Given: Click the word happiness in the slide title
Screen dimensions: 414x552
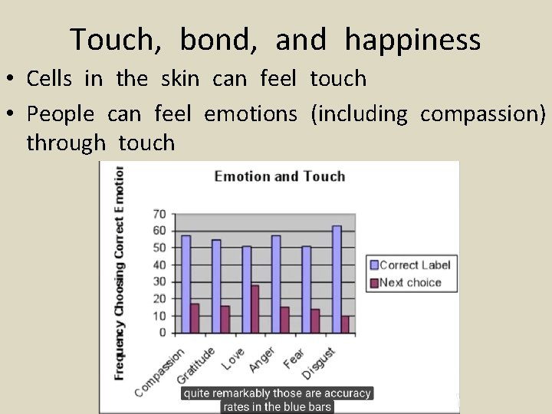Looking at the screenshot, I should click(412, 40).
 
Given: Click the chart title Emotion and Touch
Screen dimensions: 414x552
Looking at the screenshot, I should click(279, 176).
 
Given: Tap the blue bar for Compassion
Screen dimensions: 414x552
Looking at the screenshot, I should click(186, 284).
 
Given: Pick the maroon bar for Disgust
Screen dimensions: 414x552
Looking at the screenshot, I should click(345, 324).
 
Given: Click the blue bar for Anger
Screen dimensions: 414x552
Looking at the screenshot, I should click(276, 284).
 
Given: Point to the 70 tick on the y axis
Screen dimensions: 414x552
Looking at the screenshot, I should click(159, 214).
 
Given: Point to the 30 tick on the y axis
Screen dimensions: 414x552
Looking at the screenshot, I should click(159, 281).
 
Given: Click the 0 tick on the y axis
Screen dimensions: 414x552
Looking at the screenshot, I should click(163, 333).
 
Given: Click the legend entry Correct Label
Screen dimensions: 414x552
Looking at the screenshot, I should click(414, 265).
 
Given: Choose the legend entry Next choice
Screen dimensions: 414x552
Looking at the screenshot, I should click(410, 282).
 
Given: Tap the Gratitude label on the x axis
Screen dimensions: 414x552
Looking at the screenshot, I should click(197, 366).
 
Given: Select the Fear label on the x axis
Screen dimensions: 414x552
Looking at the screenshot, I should click(293, 358).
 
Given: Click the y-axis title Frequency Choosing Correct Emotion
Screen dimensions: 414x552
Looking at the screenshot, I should click(120, 272).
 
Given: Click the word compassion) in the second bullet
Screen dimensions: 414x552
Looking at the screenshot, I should click(483, 115).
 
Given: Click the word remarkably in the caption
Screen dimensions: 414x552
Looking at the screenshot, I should click(238, 393).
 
